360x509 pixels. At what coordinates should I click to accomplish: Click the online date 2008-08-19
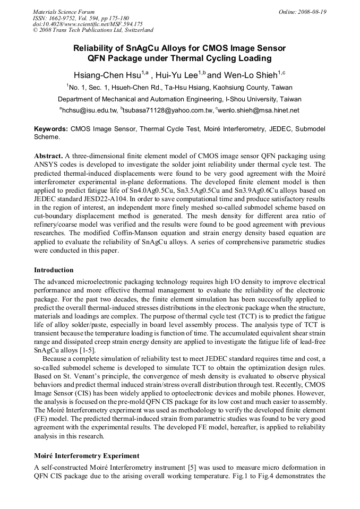(x=310, y=12)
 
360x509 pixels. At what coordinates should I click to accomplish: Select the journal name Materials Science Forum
(x=64, y=12)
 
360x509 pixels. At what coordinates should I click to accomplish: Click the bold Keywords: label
(x=51, y=129)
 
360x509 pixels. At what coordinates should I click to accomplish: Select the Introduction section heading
(x=54, y=270)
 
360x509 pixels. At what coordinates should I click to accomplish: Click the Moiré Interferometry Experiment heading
(x=87, y=456)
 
